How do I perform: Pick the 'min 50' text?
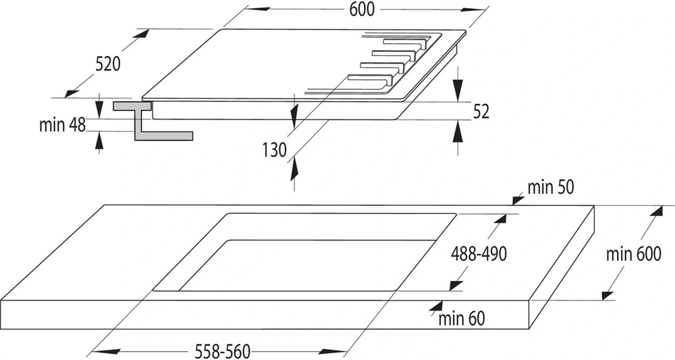tap(551, 188)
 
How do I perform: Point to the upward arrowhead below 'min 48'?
tap(101, 140)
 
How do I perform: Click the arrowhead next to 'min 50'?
tap(518, 197)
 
